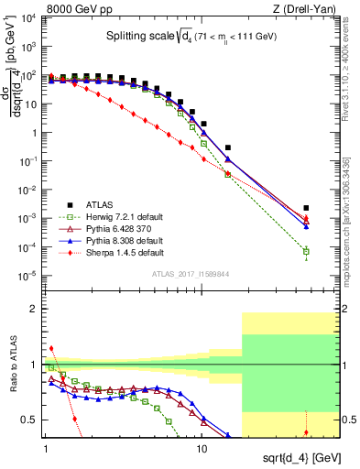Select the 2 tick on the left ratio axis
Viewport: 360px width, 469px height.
click(34, 309)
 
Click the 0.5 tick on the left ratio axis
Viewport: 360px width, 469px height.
click(31, 420)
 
